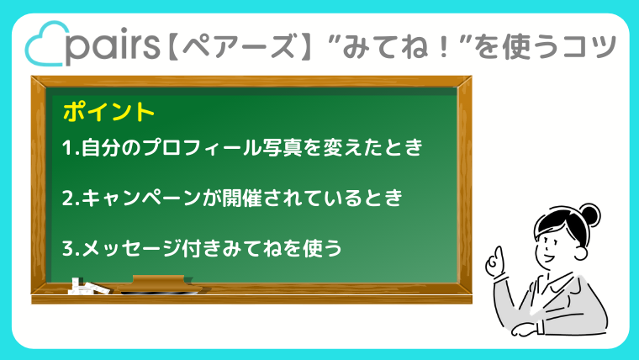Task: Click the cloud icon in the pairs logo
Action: coord(45,44)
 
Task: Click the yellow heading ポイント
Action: coord(108,112)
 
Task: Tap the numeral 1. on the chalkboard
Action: coord(71,148)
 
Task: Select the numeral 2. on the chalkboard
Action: coord(71,199)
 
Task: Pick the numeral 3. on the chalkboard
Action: coord(71,249)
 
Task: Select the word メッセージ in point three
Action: coord(132,249)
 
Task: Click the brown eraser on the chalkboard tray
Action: coord(160,284)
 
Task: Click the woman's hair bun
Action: coord(589,214)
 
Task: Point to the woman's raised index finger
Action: coord(499,254)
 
